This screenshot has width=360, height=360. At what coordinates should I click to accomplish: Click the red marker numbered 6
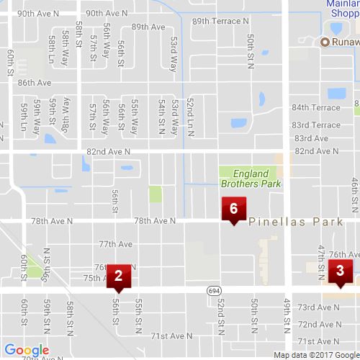(x=233, y=209)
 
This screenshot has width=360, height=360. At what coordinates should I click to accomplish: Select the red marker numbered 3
(x=340, y=271)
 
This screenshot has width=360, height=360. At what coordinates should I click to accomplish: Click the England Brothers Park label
(x=250, y=179)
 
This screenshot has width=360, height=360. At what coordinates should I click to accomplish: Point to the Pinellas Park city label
(x=296, y=223)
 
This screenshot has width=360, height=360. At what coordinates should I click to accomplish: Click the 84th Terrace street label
(x=316, y=107)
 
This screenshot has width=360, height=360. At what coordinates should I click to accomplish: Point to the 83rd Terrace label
(x=316, y=125)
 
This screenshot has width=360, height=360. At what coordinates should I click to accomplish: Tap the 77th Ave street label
(x=116, y=244)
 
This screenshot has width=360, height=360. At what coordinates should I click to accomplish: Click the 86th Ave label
(x=35, y=83)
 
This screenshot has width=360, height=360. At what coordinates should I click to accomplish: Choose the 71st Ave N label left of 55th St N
(x=171, y=336)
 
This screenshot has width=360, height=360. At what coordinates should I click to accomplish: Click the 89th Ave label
(x=148, y=27)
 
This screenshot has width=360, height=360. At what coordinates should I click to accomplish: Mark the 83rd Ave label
(x=311, y=138)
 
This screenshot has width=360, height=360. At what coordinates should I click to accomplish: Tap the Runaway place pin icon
(x=325, y=42)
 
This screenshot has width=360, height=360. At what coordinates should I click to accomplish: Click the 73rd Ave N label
(x=318, y=307)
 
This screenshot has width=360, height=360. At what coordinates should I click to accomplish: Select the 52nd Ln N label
(x=189, y=114)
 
